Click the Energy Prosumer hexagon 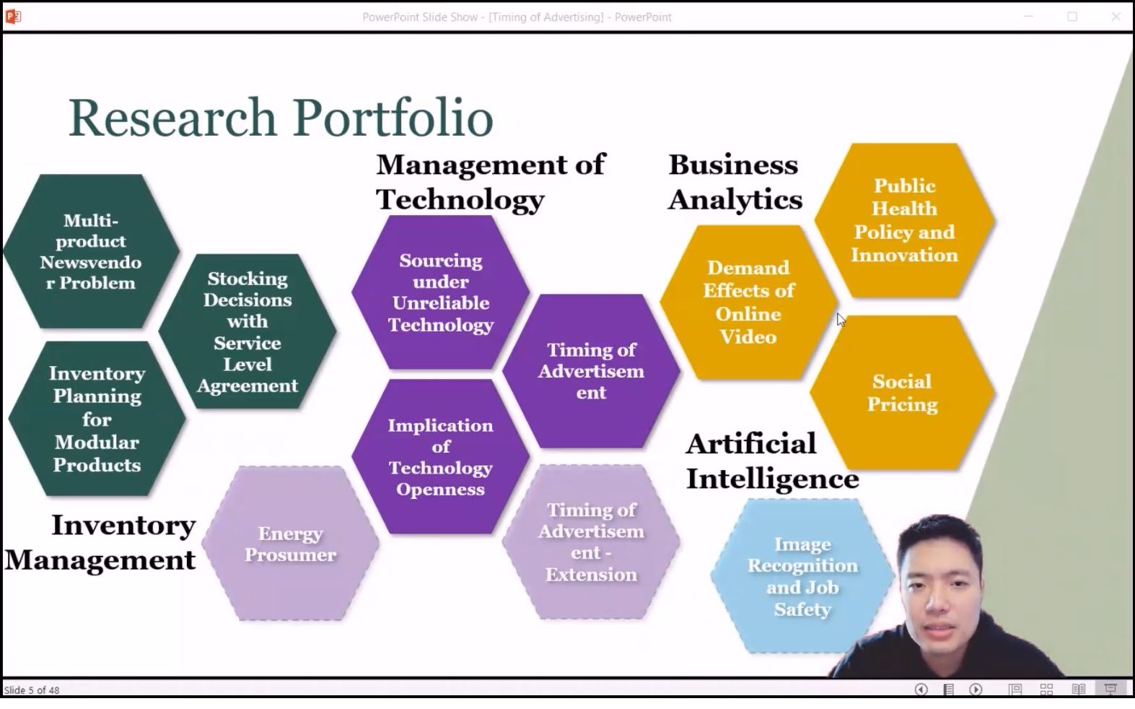(x=290, y=543)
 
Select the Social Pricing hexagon (x=903, y=393)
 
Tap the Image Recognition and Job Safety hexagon (x=802, y=576)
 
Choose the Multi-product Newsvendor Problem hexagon (x=91, y=251)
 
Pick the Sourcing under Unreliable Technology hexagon (x=440, y=292)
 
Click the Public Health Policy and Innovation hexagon (x=905, y=221)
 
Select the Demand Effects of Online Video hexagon (x=748, y=303)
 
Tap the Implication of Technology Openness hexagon (x=440, y=456)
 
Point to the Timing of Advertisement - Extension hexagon (x=592, y=541)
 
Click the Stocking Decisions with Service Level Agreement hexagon (x=247, y=331)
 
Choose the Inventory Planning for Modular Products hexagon (x=97, y=419)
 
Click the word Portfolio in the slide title (x=393, y=118)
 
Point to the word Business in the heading (x=733, y=165)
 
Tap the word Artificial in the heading (x=751, y=444)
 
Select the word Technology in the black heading (x=460, y=200)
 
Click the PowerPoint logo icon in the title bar (x=13, y=17)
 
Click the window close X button (x=1116, y=17)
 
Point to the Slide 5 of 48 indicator (x=32, y=690)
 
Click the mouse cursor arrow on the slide (x=841, y=320)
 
